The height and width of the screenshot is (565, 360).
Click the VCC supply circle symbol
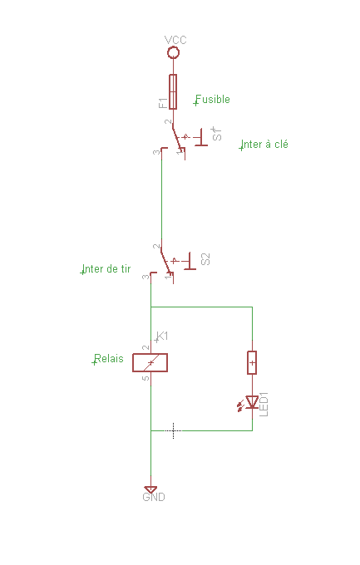[x=173, y=53]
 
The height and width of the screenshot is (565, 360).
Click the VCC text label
[x=175, y=40]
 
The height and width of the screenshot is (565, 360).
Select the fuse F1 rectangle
[x=173, y=91]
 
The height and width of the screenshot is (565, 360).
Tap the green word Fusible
[x=213, y=99]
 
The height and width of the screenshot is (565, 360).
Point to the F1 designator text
[x=163, y=103]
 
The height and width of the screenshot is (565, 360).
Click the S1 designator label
[x=216, y=134]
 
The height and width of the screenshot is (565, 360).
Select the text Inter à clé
[x=264, y=144]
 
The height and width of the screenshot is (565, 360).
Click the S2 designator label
[x=205, y=259]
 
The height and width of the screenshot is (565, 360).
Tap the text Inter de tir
[x=106, y=269]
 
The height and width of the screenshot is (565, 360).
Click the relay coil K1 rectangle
[x=150, y=362]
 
